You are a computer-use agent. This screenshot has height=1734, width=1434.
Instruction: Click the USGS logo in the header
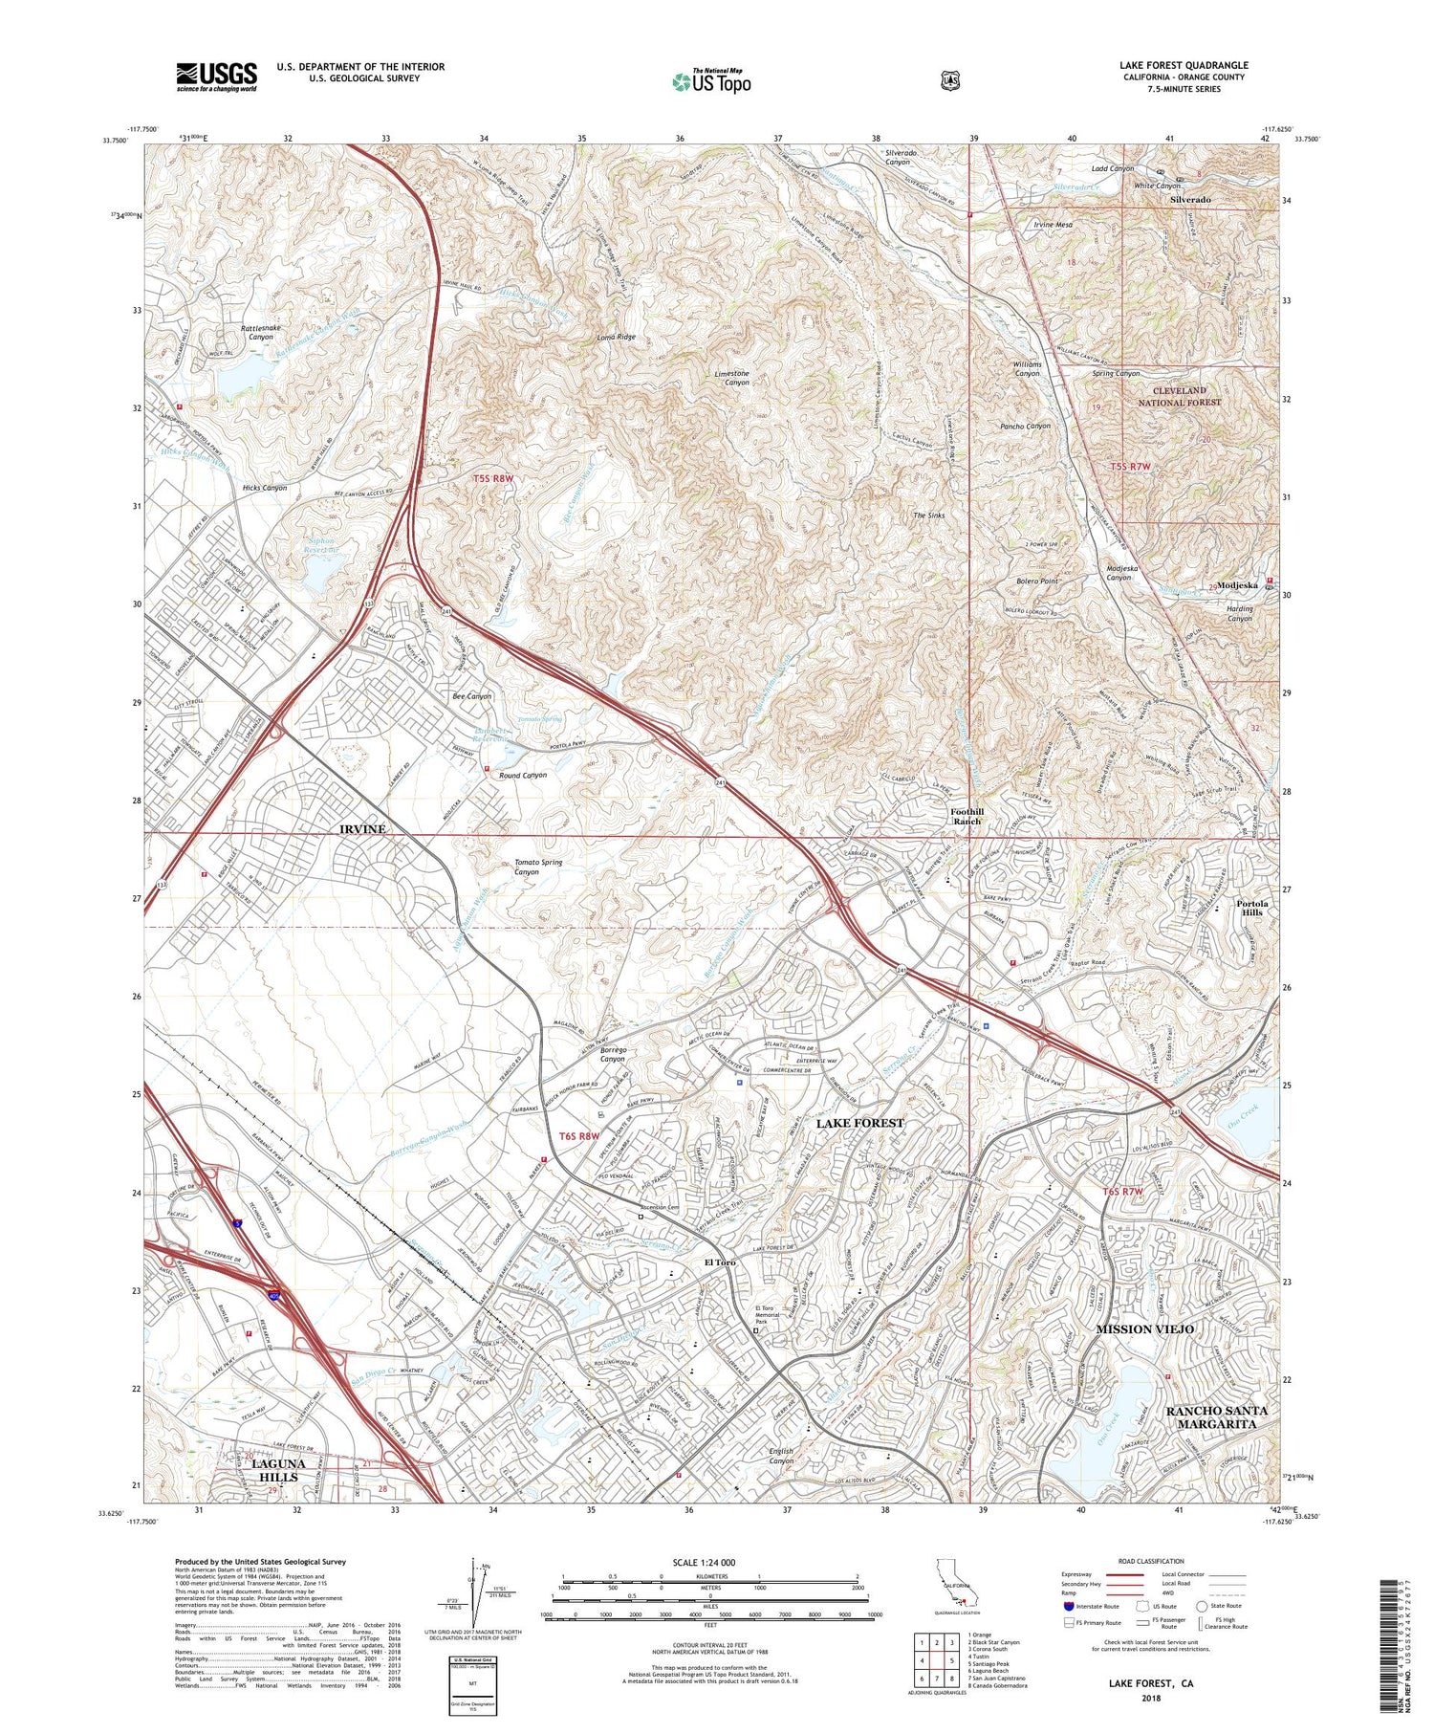point(216,77)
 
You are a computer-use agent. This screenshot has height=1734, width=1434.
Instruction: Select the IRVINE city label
point(362,829)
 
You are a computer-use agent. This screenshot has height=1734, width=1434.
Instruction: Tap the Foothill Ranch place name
point(966,816)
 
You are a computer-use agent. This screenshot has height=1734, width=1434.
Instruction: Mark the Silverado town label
point(1190,200)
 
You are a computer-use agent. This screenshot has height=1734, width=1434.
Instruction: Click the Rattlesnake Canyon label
point(261,332)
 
